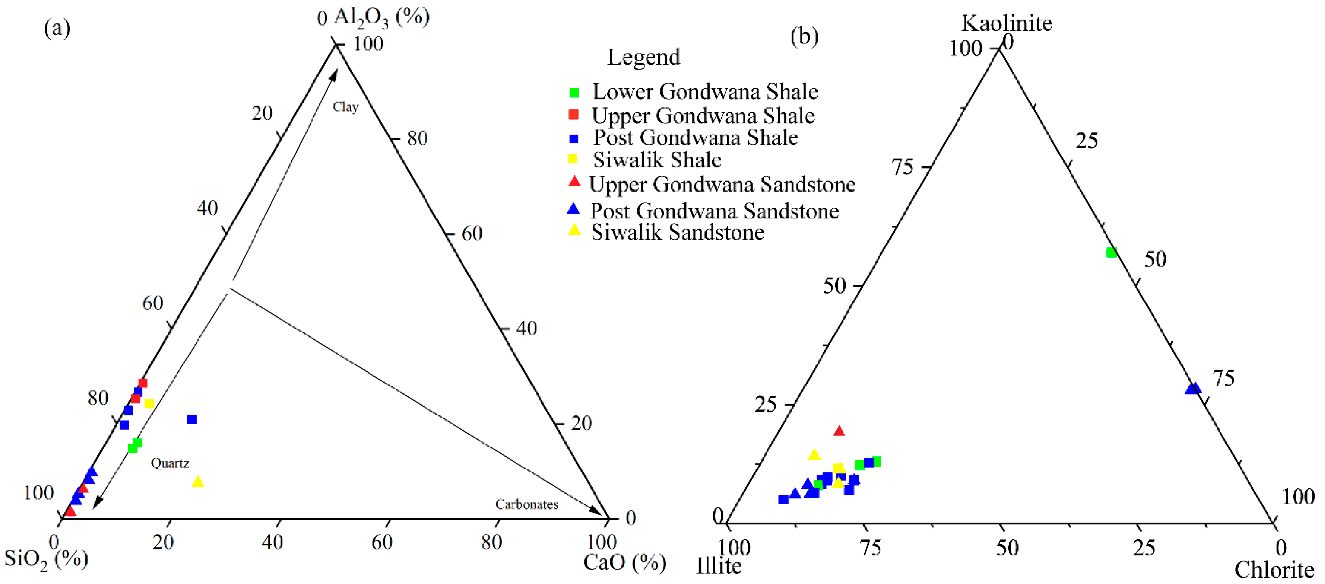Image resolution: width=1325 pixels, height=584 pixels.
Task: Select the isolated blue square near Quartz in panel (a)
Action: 191,419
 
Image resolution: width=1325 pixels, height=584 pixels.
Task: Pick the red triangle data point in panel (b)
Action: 839,431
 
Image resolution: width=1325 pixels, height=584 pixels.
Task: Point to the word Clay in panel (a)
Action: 345,107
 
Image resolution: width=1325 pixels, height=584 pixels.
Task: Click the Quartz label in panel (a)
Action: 170,463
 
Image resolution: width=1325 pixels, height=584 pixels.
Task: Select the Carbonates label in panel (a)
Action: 526,504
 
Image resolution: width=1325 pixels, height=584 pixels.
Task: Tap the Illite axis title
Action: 718,566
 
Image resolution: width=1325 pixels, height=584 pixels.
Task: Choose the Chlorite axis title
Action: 1274,570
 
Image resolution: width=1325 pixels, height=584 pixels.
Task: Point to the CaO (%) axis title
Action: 624,562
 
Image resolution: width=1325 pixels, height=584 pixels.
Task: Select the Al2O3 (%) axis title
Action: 381,17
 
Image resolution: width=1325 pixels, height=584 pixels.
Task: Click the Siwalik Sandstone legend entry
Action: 678,232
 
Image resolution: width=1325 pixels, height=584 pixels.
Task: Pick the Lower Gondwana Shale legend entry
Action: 705,92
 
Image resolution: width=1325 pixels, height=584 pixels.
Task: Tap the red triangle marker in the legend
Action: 574,181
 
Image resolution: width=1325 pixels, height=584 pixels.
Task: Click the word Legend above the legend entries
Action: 644,57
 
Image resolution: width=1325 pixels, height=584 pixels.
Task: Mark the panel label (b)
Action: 804,36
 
